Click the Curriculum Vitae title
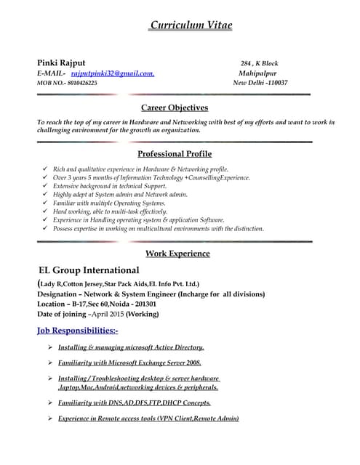191,26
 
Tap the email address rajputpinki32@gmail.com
112,73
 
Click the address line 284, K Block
259,63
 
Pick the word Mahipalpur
260,73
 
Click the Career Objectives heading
174,108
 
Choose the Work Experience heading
177,254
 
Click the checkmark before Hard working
46,211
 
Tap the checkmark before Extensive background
46,186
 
